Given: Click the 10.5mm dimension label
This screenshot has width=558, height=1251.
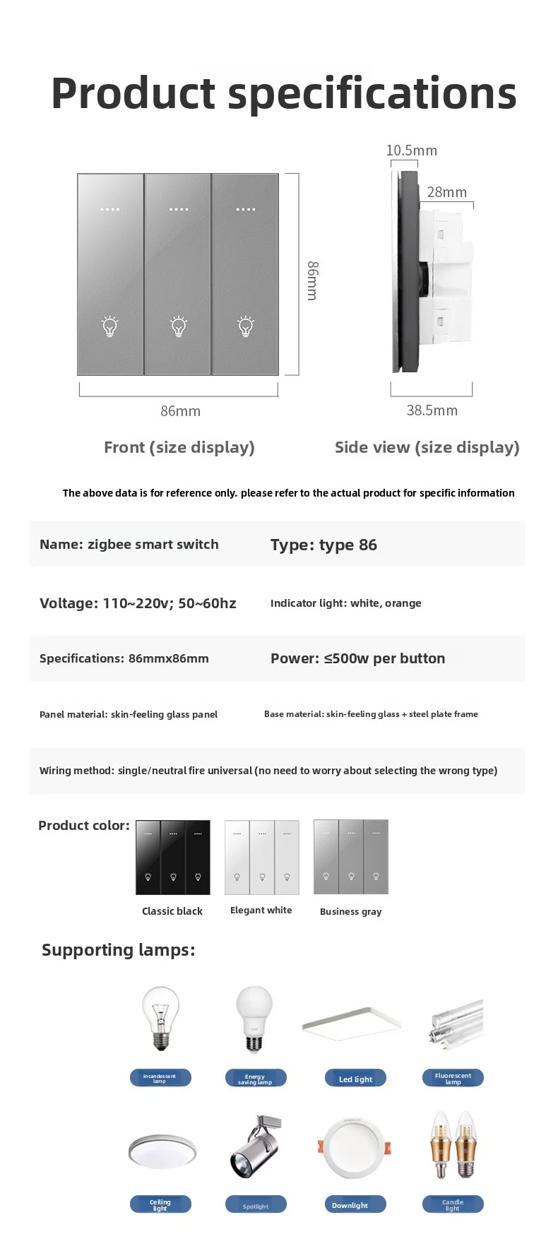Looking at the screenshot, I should click(411, 150).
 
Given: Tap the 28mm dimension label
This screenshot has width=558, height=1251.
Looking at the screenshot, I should click(446, 192).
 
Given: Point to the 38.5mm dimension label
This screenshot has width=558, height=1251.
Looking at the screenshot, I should click(432, 410).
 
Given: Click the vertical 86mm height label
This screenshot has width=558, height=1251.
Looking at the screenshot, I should click(312, 280).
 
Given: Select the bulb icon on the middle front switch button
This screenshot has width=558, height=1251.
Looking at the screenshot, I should click(179, 326).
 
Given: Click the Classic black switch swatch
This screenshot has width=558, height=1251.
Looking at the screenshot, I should click(173, 857).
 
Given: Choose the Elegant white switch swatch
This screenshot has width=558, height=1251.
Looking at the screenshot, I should click(262, 857).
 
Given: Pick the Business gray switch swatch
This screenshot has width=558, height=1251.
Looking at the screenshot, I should click(351, 857).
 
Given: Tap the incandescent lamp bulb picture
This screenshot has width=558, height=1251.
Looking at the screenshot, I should click(161, 1019).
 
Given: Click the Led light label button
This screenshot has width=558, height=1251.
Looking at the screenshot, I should click(355, 1078).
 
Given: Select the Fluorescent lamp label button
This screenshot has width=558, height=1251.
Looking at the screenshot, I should click(453, 1078).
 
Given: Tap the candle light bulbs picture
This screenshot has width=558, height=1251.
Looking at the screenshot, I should click(453, 1144).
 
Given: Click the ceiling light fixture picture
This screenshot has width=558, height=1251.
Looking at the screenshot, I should click(162, 1151).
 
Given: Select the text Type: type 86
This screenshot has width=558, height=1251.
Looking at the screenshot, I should click(323, 545).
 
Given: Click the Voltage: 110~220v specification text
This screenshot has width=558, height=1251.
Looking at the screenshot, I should click(138, 603).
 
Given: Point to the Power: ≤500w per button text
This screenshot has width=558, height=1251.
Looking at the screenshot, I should click(357, 658).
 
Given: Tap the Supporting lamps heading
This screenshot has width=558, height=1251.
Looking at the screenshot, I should click(118, 950).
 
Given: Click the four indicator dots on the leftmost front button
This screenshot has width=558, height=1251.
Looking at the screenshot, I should click(110, 210).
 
